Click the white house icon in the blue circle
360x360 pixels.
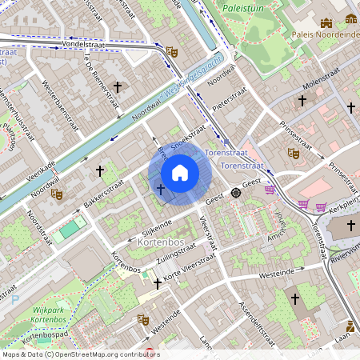click(180, 173)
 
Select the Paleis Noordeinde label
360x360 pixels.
click(324, 34)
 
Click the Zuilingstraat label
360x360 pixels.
click(167, 250)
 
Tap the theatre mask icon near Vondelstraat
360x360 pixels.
click(170, 52)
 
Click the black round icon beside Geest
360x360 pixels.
click(236, 193)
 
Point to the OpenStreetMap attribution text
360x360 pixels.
click(80, 354)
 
